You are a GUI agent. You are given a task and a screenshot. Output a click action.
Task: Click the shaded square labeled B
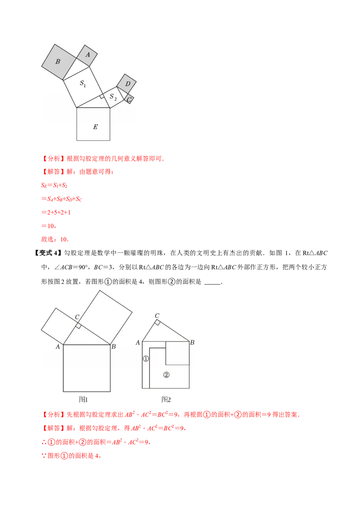click(x=59, y=62)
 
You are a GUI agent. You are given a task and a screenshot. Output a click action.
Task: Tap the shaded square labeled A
click(x=87, y=55)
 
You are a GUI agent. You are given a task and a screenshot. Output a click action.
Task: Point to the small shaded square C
click(x=129, y=99)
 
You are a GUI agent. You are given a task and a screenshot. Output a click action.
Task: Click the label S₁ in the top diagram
click(x=83, y=84)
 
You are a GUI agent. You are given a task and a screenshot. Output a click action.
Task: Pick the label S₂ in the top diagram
click(x=113, y=97)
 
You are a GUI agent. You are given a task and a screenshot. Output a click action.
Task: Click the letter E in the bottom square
click(x=95, y=127)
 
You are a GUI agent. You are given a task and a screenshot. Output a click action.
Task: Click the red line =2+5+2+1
click(x=56, y=212)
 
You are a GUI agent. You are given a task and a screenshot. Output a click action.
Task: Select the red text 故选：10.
click(x=55, y=239)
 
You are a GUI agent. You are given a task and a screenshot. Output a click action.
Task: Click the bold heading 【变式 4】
click(x=48, y=253)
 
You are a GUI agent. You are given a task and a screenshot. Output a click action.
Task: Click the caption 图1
click(x=83, y=399)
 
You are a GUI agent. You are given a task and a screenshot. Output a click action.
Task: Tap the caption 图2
click(x=166, y=399)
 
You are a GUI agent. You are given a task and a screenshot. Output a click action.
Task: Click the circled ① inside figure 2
click(x=146, y=359)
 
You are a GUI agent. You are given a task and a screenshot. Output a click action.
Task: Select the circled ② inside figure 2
click(x=166, y=375)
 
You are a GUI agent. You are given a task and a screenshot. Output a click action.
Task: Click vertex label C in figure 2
click(x=157, y=316)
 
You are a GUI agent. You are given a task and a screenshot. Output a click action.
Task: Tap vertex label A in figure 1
click(x=58, y=347)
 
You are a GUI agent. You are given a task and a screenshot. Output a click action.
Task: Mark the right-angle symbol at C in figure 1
click(x=78, y=326)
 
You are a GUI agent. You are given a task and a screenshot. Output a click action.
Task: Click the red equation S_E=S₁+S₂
click(x=54, y=185)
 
